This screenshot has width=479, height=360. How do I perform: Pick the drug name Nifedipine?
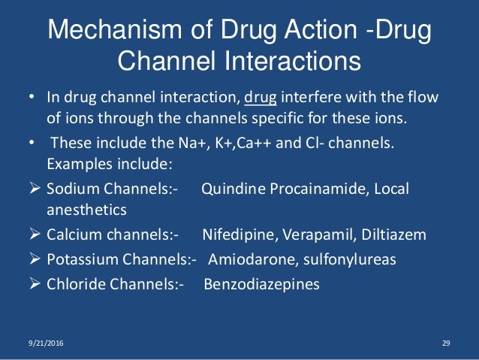(x=238, y=235)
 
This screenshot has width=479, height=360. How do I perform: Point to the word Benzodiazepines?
(x=261, y=285)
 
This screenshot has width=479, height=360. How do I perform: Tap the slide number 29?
(x=444, y=343)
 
